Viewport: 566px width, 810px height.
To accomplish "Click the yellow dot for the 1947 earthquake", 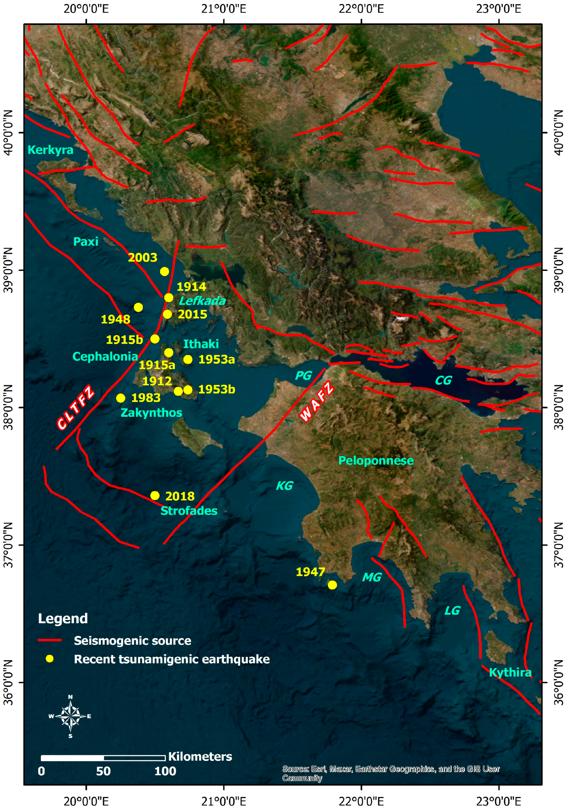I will pos(332,585).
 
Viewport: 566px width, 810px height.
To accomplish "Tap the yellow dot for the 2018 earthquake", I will pos(155,495).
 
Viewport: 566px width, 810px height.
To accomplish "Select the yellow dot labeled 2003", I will pos(164,271).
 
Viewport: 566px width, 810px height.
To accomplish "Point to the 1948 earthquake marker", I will pos(138,307).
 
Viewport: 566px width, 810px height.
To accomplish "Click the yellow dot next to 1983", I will pos(121,398).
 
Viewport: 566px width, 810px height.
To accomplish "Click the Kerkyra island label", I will pos(50,150).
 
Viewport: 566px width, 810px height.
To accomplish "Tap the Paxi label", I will pos(85,242).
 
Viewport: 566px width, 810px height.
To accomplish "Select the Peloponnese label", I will pos(376,460).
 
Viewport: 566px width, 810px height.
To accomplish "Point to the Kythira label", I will pos(510,672).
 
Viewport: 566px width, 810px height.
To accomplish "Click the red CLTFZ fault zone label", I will pos(76,407).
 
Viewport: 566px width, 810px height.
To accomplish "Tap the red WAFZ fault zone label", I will pos(317,401).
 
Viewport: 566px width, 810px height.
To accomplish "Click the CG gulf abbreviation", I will pos(443,380).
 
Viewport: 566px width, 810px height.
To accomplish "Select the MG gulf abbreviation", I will pos(372,577).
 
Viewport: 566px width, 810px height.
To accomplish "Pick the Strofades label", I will pos(189,510).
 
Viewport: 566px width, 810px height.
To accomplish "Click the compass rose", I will pos(70,716).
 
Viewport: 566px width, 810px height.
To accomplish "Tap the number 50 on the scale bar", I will pos(104,771).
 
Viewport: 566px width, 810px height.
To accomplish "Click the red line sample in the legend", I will pos(50,640).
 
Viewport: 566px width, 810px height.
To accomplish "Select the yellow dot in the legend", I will pos(50,659).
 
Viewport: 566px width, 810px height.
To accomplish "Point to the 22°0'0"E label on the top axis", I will pos(361,9).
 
